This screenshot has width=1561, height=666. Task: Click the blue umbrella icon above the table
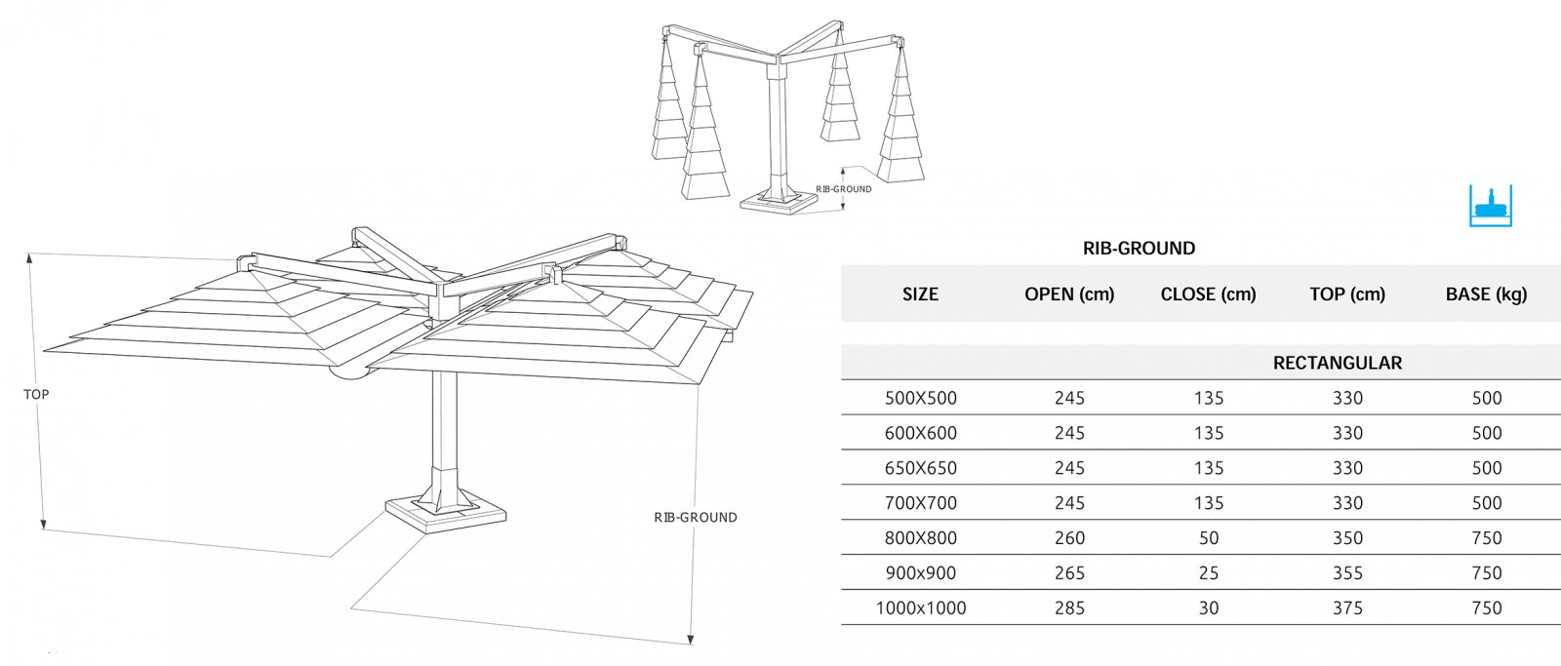click(1491, 206)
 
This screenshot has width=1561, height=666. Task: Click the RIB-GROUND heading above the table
click(1139, 248)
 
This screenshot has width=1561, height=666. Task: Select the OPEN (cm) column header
click(1069, 294)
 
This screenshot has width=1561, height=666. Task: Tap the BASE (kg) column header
click(1486, 294)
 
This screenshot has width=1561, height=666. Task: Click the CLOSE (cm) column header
click(1209, 294)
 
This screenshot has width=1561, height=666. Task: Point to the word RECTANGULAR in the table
click(1338, 363)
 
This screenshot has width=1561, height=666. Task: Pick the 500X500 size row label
click(921, 398)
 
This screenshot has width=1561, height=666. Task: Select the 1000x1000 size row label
click(921, 608)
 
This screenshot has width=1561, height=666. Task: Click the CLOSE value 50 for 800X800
click(1209, 538)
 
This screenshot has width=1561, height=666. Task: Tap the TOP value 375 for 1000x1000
click(1347, 608)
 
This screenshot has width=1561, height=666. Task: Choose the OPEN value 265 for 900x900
click(1069, 572)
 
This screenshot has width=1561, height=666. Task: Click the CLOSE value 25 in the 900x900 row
click(1209, 572)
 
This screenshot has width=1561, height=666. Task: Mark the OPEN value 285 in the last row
click(1069, 608)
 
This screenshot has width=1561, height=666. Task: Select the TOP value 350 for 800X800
click(1347, 538)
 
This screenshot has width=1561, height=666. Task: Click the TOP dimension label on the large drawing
click(36, 394)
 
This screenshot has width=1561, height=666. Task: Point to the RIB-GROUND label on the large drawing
click(696, 518)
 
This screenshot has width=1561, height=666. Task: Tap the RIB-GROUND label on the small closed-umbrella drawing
click(843, 189)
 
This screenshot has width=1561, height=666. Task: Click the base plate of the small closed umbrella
click(779, 202)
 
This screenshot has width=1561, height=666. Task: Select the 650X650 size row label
click(921, 468)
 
